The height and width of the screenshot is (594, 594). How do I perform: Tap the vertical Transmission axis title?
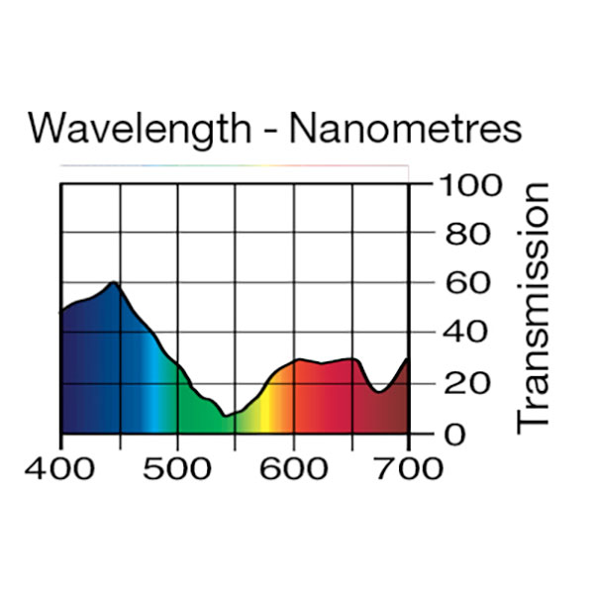(534, 307)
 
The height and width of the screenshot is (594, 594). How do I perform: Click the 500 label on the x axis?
(176, 467)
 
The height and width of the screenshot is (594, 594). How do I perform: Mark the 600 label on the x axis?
(293, 467)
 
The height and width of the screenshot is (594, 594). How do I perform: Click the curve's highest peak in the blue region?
(114, 283)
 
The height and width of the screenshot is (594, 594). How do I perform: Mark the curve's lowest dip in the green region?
(226, 417)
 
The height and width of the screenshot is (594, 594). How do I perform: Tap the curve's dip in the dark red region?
(379, 392)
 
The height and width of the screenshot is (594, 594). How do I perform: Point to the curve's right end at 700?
(408, 359)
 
